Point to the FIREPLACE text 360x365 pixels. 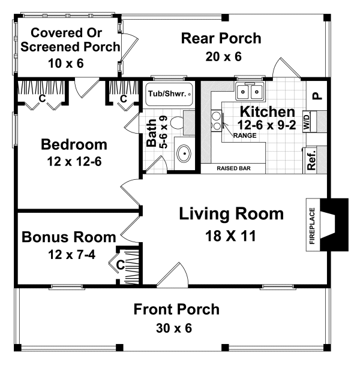(311, 226)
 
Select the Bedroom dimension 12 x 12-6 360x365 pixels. (74, 162)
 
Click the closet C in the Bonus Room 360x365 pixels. (120, 263)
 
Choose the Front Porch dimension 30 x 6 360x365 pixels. (176, 328)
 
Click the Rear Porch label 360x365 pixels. (221, 39)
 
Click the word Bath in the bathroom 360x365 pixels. (152, 134)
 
